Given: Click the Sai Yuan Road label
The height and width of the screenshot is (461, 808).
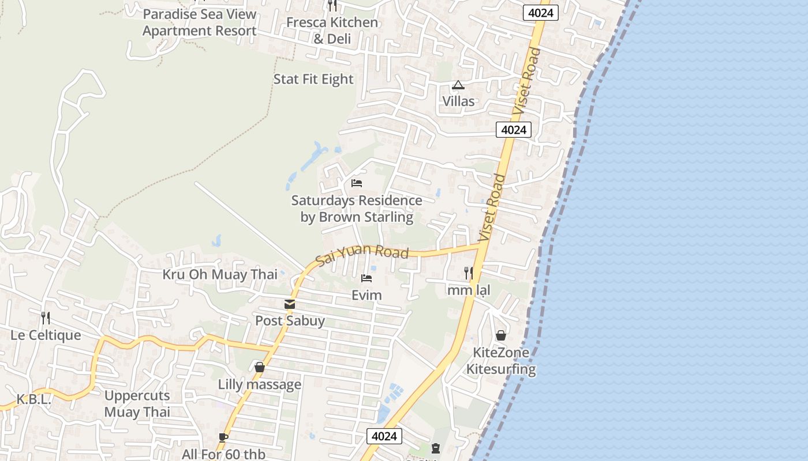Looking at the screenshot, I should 362,254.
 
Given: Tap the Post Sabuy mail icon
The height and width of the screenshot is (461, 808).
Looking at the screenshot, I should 290,304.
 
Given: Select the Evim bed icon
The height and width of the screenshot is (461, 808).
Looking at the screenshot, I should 366,279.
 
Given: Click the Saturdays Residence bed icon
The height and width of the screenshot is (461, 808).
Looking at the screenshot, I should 357,183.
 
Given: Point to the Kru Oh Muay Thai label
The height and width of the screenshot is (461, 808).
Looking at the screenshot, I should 219,274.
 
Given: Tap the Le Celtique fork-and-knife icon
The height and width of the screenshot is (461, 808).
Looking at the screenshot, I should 46,318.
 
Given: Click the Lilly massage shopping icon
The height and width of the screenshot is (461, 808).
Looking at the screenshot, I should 260,367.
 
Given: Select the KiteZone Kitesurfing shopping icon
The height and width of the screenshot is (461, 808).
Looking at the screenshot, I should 501,335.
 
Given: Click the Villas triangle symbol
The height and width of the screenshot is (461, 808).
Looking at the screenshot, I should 458,85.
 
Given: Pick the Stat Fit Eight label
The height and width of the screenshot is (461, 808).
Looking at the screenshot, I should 313,79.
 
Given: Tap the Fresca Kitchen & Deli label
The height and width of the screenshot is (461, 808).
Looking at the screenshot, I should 332,31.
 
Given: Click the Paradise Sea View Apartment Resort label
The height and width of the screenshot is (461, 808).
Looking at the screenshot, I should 199,22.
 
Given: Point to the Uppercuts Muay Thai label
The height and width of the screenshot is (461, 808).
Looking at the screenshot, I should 137,404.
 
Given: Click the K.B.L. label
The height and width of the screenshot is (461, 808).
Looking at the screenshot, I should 33,399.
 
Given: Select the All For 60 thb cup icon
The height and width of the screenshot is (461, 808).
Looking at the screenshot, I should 223,437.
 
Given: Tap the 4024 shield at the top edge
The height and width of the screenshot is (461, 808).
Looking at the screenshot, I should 541,13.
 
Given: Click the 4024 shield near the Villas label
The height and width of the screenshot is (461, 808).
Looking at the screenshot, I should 513,130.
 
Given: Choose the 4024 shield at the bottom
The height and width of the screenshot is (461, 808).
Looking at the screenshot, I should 384,436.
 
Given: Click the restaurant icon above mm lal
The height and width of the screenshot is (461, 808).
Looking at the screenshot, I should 469,273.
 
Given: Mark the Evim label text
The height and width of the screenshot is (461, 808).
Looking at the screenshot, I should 366,295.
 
